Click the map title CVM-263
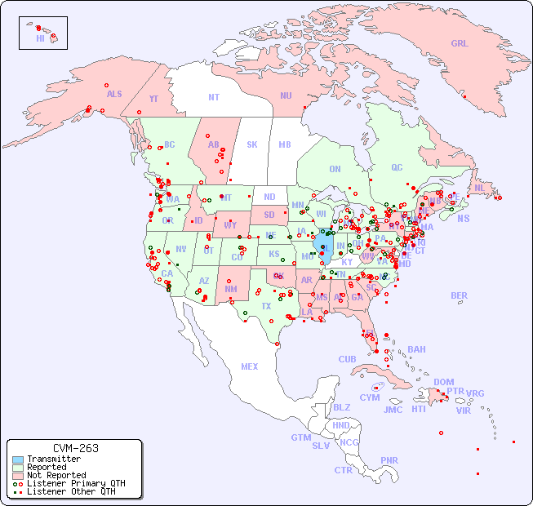(75, 448)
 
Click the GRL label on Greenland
(460, 44)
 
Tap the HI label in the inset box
(40, 38)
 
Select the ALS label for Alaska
(114, 94)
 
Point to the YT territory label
(153, 99)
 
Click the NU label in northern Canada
(286, 95)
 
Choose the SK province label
(252, 144)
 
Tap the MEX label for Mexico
(250, 366)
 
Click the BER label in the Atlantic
(459, 295)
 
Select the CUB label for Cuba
(347, 359)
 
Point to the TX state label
(266, 306)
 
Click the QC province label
(397, 167)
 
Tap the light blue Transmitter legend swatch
(18, 459)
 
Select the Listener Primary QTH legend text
(75, 483)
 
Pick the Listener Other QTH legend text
(71, 491)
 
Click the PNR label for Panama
(389, 460)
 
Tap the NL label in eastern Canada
(479, 187)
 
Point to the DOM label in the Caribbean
(443, 382)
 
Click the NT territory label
(214, 97)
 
